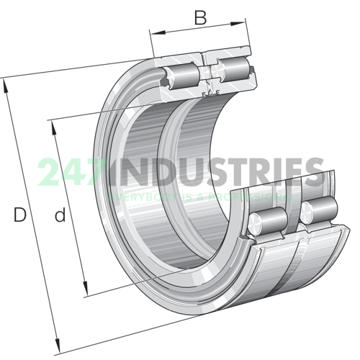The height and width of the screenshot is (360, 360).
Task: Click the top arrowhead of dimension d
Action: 54,127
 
